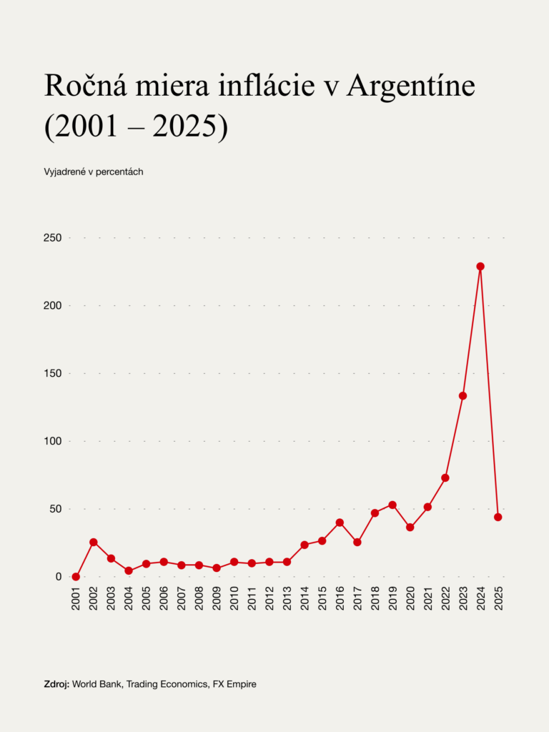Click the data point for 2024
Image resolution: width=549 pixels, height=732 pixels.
tap(480, 267)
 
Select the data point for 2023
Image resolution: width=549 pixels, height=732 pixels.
tap(463, 395)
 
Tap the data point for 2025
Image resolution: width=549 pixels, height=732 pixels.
tap(498, 517)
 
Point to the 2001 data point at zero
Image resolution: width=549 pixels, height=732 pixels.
tap(76, 577)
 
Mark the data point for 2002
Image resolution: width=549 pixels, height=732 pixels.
tap(94, 543)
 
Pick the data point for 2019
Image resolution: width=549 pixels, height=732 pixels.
tap(392, 505)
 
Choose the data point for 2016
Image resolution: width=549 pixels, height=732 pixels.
tap(340, 523)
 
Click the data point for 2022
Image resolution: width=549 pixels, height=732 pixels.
tap(445, 478)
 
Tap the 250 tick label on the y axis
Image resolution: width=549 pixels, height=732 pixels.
tap(53, 237)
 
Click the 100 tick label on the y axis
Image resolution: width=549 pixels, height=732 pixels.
tap(53, 441)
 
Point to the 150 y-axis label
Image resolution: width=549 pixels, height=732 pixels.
tap(53, 373)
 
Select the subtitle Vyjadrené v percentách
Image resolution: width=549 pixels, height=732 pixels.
tap(94, 172)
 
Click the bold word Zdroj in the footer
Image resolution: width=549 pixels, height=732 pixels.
tap(56, 684)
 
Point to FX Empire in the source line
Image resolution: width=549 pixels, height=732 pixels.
tap(234, 684)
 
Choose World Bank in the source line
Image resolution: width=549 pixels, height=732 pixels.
tap(96, 684)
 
